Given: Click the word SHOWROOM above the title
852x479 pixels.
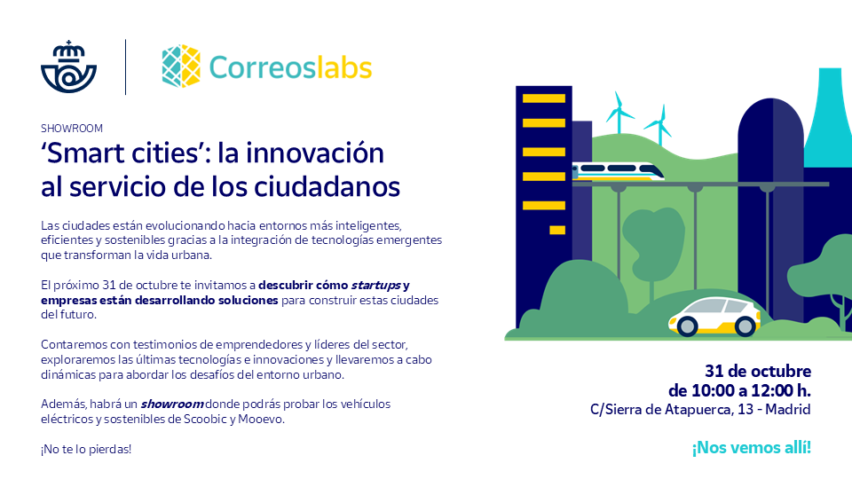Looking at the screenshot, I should (72, 129).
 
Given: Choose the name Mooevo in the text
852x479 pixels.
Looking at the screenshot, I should (262, 419).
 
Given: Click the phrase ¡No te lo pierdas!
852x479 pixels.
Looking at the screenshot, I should (85, 449).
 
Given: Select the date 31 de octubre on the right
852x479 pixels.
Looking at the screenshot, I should (757, 371).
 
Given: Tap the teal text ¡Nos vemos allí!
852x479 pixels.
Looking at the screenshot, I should (751, 447).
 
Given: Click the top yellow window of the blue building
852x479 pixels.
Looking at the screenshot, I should (544, 98).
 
